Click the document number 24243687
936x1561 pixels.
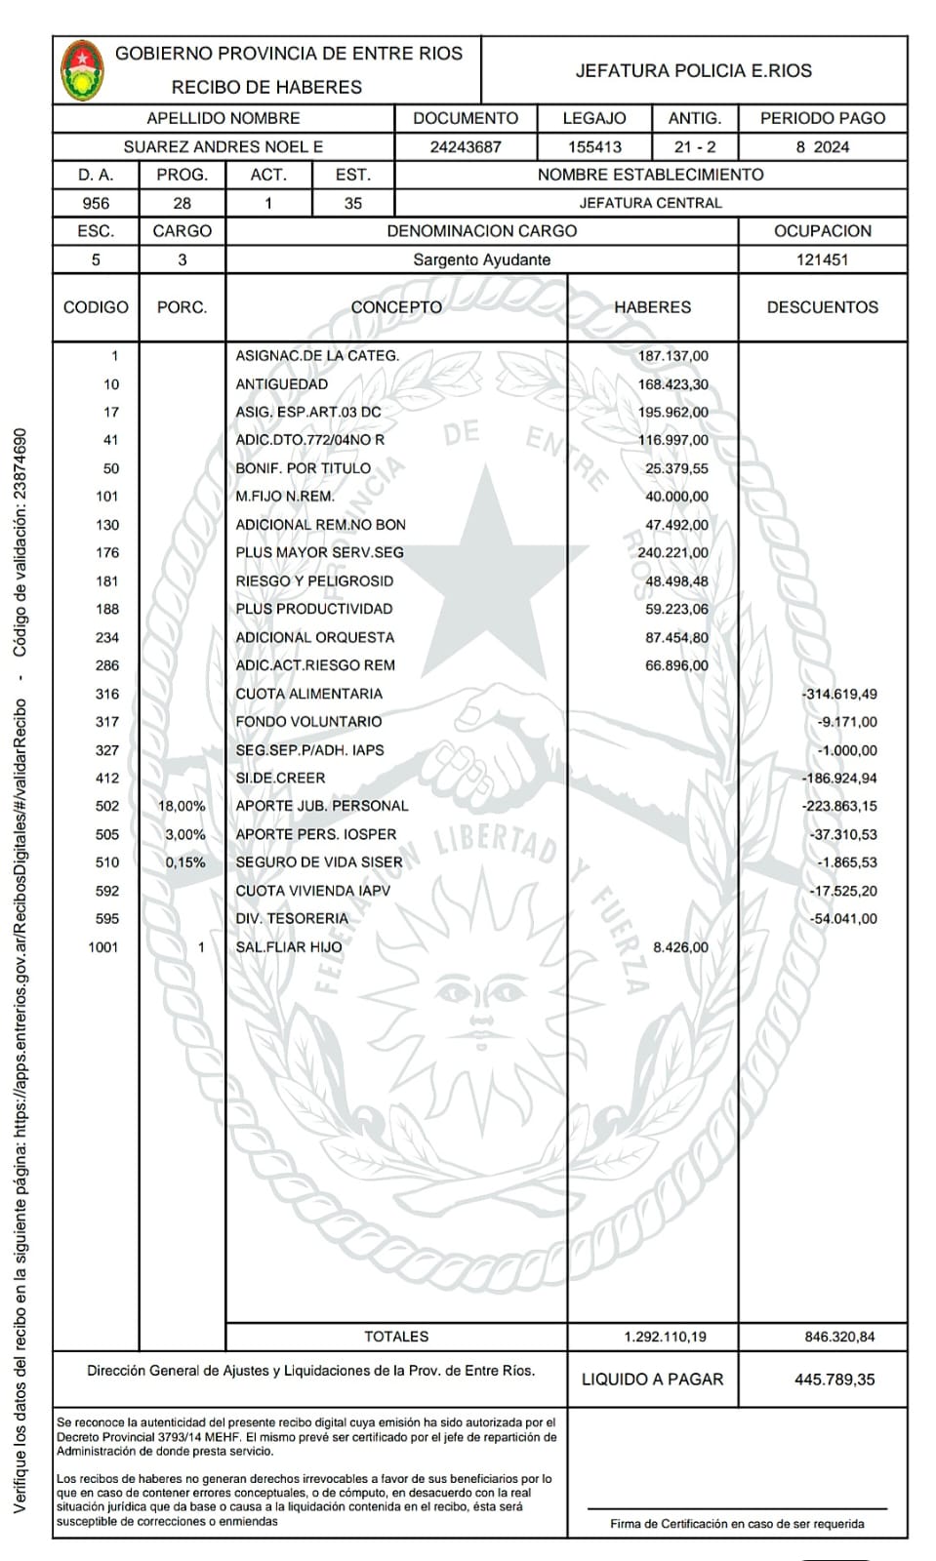tap(466, 147)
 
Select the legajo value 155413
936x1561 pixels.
tap(594, 147)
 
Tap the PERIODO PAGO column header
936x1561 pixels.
tap(822, 118)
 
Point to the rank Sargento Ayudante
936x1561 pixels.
tap(481, 260)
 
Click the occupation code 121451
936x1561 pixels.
tap(822, 260)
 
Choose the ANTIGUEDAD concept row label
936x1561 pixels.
tap(281, 384)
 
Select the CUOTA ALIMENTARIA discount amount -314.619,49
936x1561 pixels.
tap(838, 695)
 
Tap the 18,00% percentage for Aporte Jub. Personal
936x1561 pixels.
tap(182, 807)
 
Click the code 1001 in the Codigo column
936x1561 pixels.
tap(102, 947)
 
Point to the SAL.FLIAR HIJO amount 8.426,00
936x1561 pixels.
tap(680, 947)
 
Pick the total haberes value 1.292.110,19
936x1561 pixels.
tap(665, 1337)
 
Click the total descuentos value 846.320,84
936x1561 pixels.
tap(839, 1337)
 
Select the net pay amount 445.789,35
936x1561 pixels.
tap(834, 1380)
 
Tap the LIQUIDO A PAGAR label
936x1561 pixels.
tap(652, 1380)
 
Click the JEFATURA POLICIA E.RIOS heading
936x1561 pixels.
tap(693, 70)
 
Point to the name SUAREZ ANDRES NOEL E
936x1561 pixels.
tap(223, 147)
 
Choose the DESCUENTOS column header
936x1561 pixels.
tap(822, 307)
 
